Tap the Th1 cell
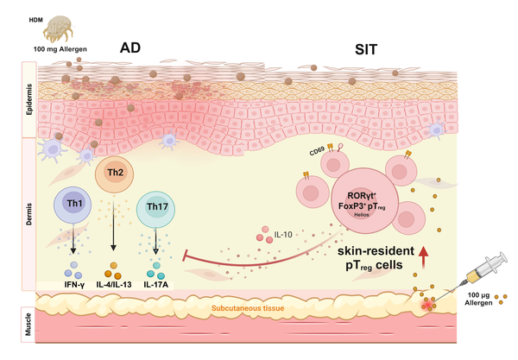coord(74,205)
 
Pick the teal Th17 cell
coord(157,208)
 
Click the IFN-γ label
coord(75,282)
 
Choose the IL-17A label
coord(158,282)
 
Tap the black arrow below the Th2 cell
coord(114,224)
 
